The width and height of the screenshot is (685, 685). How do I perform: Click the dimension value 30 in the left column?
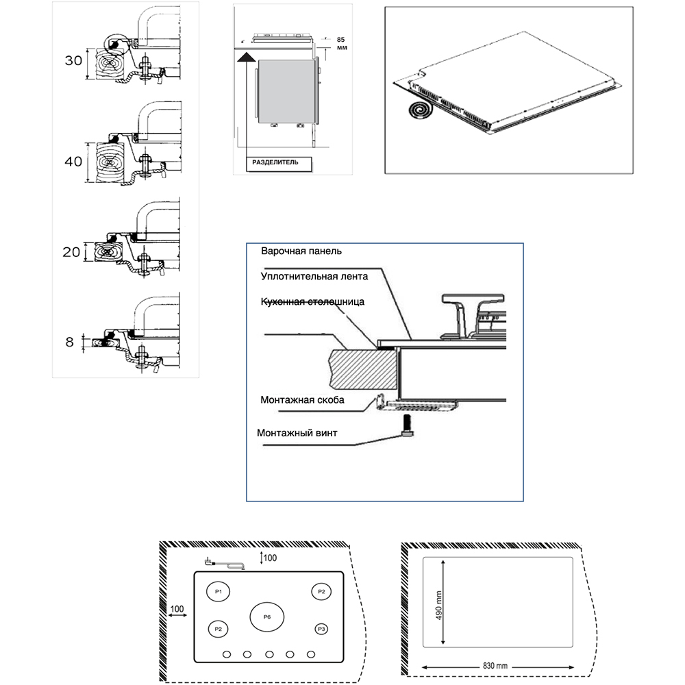pos(73,60)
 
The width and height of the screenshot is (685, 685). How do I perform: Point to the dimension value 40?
pos(73,161)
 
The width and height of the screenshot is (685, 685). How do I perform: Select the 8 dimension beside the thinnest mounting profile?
pos(70,340)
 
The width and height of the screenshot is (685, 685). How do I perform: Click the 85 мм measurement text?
pos(341,44)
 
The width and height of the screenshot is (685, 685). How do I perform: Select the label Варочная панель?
pos(300,251)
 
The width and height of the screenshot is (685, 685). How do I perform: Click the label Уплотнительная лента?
pos(314,277)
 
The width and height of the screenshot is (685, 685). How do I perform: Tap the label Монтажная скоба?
pos(302,399)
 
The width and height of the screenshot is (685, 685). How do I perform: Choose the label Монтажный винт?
pos(297,433)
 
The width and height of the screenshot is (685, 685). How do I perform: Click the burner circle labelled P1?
pos(219,591)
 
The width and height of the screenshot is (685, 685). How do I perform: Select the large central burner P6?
pos(267,617)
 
